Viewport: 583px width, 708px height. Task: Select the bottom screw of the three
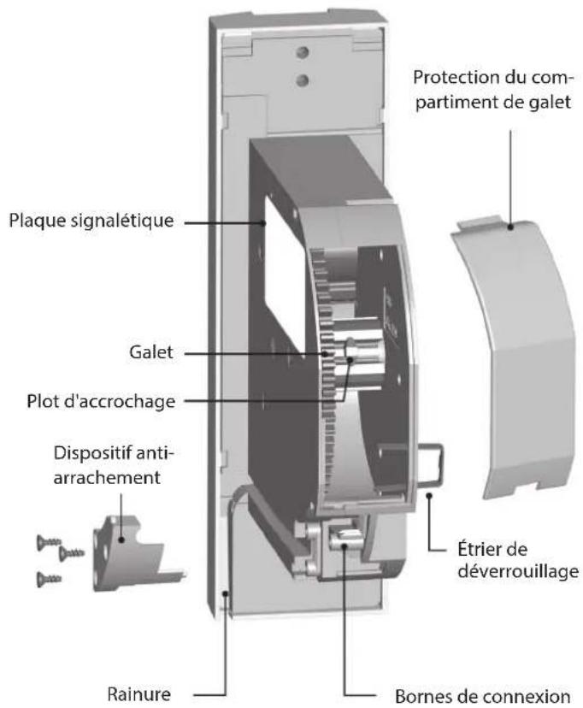pyautogui.click(x=46, y=579)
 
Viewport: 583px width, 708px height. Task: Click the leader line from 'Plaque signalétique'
pyautogui.click(x=227, y=221)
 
